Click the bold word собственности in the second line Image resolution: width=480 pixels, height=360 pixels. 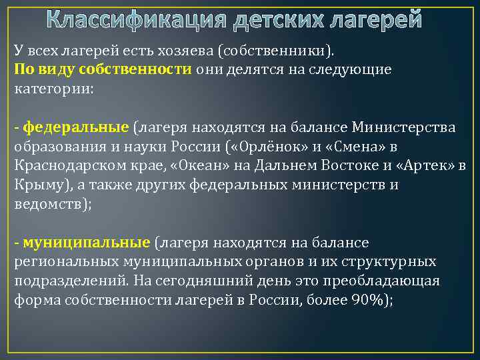(135, 70)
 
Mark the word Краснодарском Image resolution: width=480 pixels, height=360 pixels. (63, 165)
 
